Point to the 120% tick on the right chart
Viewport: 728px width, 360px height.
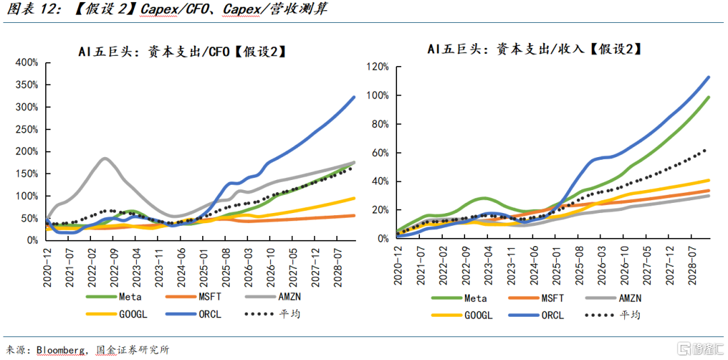pos(377,67)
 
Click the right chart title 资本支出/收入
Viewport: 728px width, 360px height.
pos(533,49)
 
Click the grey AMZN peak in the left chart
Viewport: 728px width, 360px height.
pos(105,158)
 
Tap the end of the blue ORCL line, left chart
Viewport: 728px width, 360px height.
pos(355,97)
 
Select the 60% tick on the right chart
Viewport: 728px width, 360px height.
pos(380,153)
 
